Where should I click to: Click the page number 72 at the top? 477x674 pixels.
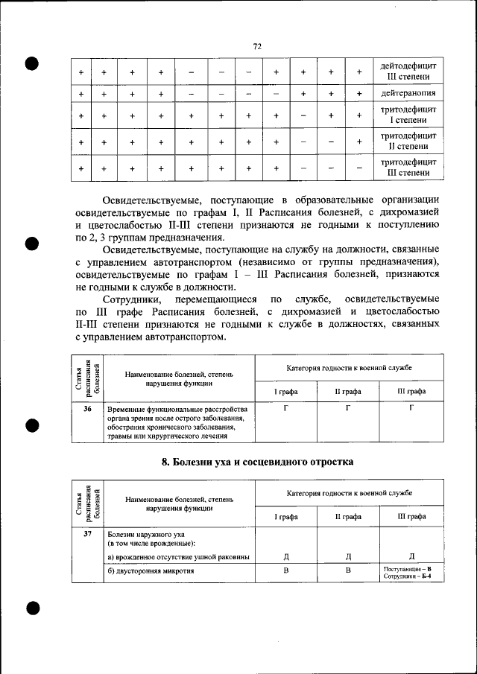pyautogui.click(x=257, y=46)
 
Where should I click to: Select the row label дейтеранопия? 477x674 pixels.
pyautogui.click(x=408, y=94)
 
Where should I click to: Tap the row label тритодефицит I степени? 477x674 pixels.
pyautogui.click(x=408, y=115)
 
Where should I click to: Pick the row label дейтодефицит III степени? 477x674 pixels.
pyautogui.click(x=408, y=71)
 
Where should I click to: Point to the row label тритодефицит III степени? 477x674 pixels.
pyautogui.click(x=408, y=168)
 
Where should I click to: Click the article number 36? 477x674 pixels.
pyautogui.click(x=87, y=409)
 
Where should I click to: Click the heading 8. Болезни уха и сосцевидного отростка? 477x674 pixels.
pyautogui.click(x=257, y=462)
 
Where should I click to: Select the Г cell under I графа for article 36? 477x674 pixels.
pyautogui.click(x=286, y=409)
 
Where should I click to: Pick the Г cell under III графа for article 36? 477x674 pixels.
pyautogui.click(x=411, y=409)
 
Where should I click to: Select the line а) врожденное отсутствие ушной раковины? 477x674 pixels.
pyautogui.click(x=178, y=557)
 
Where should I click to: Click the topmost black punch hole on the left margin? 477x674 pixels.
pyautogui.click(x=31, y=63)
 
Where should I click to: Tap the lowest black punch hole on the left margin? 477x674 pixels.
pyautogui.click(x=31, y=608)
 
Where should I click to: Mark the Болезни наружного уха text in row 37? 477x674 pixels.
pyautogui.click(x=146, y=535)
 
